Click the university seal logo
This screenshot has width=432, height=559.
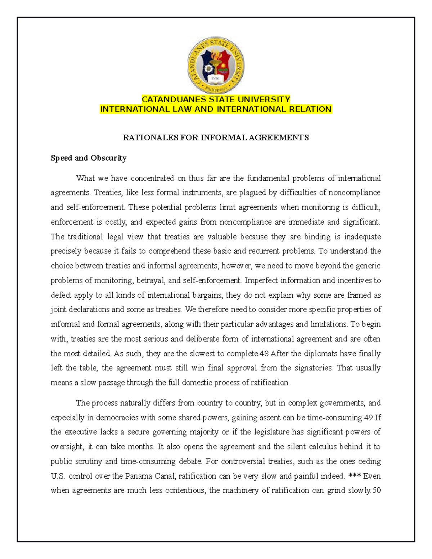tap(216, 66)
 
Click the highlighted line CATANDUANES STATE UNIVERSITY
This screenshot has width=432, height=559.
tap(216, 99)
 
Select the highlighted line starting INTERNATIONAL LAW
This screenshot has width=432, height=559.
tap(216, 109)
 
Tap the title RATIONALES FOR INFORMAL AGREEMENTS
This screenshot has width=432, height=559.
tap(216, 138)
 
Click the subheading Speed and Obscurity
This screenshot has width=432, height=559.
tap(89, 158)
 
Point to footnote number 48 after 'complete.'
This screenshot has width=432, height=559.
tap(264, 353)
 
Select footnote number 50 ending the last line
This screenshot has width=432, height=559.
tap(376, 490)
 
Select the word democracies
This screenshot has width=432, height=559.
tap(117, 418)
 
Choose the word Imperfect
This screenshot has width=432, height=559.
tap(261, 280)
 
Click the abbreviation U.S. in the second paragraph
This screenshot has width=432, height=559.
tap(58, 476)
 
